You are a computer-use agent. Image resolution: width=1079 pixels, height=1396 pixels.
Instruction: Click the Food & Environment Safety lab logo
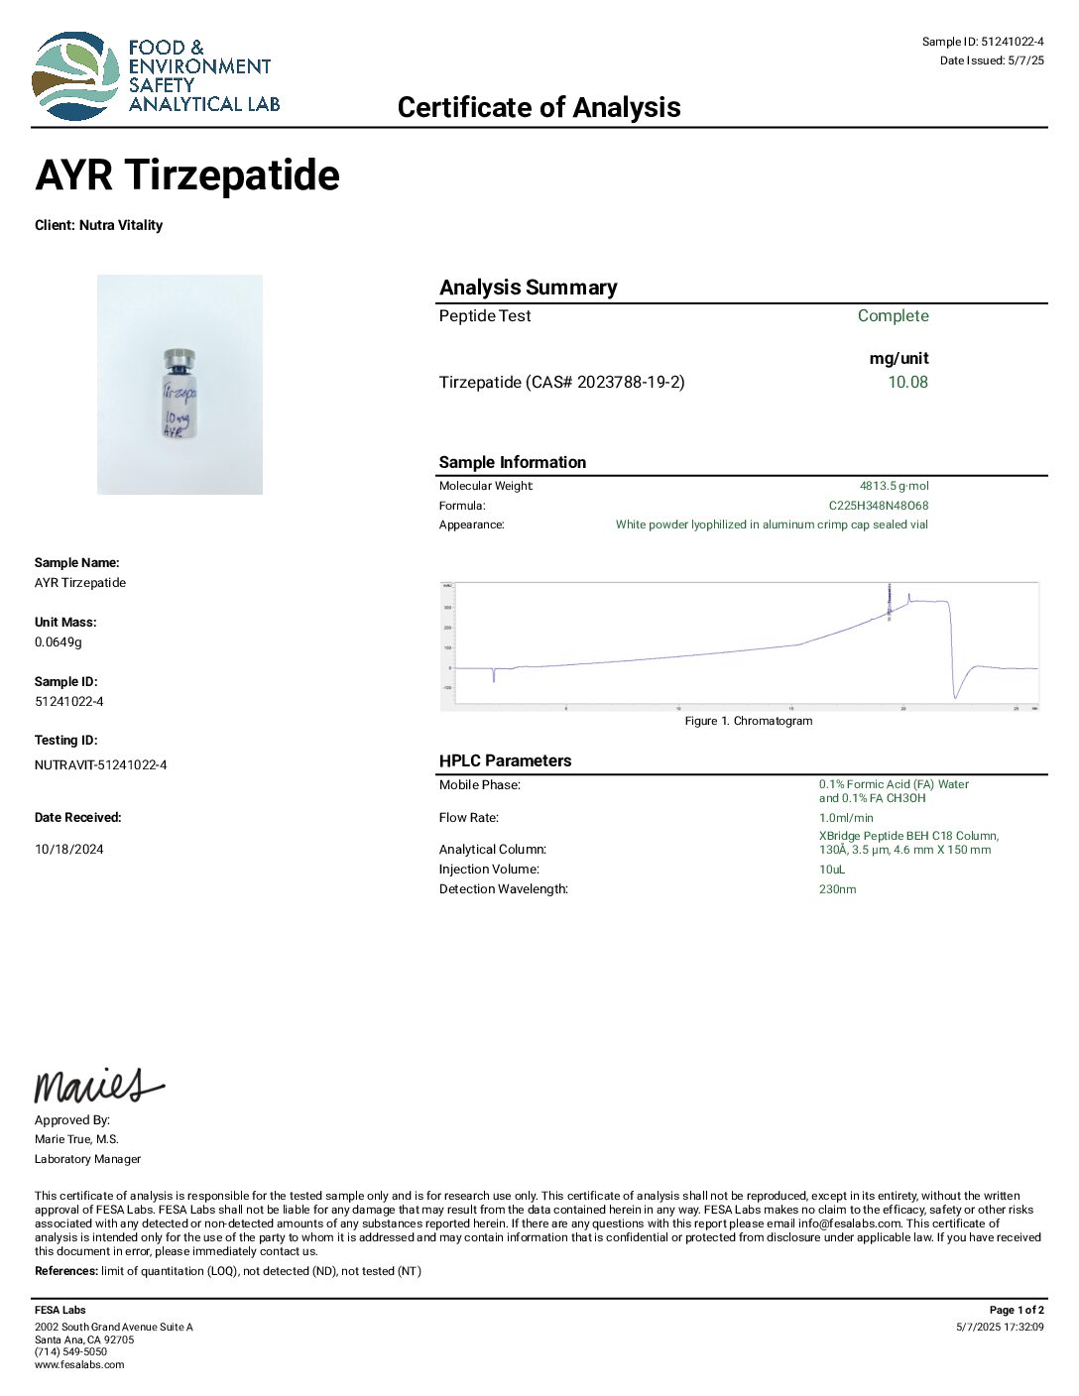coord(155,75)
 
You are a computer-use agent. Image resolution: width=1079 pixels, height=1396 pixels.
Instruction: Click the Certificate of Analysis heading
coord(539,107)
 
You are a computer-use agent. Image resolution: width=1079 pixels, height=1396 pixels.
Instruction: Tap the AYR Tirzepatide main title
coord(187,175)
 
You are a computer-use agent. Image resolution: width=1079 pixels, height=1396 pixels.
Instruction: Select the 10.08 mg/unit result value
coord(907,382)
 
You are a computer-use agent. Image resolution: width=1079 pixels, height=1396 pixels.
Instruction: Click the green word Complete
coord(893,315)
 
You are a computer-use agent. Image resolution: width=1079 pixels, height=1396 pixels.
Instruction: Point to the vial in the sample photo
coord(179,395)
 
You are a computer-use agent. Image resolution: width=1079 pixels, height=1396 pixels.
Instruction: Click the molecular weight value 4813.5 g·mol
coord(894,486)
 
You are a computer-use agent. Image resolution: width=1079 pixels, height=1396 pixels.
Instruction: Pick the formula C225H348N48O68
coord(879,506)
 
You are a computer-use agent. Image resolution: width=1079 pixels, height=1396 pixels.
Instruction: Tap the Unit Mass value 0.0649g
coord(59,641)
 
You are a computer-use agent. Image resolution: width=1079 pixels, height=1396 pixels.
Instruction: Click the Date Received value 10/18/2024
coord(69,849)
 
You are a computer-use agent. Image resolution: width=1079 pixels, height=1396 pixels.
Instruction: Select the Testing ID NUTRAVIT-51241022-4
coord(101,764)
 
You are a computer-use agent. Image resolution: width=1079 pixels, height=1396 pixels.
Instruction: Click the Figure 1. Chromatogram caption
coord(748,721)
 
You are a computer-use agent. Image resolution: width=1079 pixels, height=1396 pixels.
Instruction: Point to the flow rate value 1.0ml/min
coord(846,818)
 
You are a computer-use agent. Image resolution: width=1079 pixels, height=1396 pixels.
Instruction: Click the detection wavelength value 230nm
coord(837,889)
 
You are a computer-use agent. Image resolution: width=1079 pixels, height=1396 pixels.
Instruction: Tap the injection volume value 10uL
coord(832,870)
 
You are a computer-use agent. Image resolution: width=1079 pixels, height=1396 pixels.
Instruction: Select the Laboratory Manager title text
coord(87,1159)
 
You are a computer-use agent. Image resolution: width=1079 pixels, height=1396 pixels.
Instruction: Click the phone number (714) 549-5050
coord(70,1351)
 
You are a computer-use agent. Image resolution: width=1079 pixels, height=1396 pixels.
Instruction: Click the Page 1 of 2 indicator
coord(1017,1310)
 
